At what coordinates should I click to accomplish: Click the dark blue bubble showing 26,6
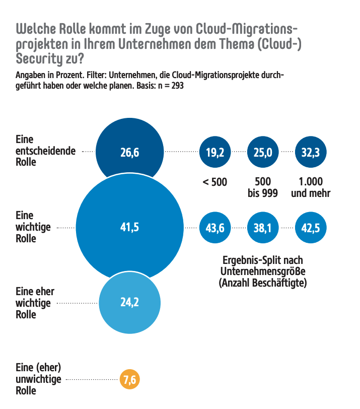(129, 152)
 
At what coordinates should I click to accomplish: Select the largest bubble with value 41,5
(129, 228)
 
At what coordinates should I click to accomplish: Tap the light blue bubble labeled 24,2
(129, 303)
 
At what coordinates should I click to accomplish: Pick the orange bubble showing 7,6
(129, 379)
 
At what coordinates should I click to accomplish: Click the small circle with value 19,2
(215, 152)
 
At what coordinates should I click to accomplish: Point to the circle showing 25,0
(263, 152)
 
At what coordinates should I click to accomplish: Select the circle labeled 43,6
(215, 228)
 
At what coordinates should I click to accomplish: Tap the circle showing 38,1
(263, 228)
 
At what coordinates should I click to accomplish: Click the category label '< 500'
(215, 182)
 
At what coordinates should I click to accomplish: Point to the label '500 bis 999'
(263, 187)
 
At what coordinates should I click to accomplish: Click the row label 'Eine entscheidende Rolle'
(46, 151)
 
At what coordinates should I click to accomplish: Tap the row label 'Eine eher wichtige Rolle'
(35, 303)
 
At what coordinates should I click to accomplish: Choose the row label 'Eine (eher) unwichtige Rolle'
(38, 379)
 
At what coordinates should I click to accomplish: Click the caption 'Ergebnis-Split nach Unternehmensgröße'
(262, 266)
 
